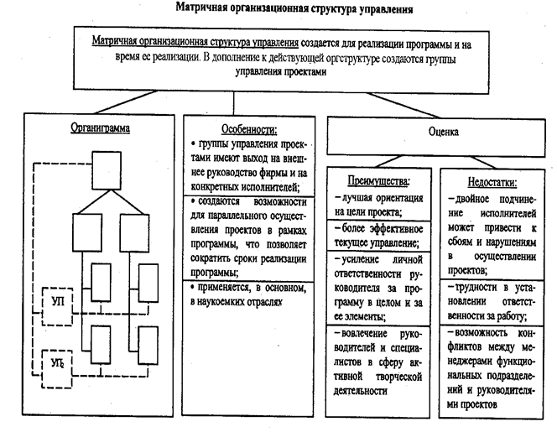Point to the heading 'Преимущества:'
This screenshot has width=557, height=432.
(x=379, y=180)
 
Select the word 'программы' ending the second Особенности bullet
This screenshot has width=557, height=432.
(x=216, y=273)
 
